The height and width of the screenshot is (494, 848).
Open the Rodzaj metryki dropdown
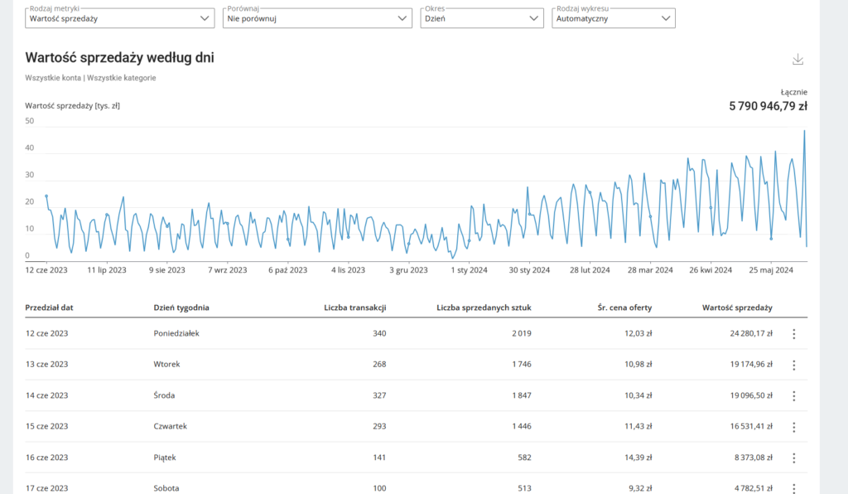(119, 17)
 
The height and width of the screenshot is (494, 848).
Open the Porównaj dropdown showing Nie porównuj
(317, 17)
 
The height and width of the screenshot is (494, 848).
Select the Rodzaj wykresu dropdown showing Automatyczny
(613, 17)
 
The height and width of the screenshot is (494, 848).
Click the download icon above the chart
(797, 60)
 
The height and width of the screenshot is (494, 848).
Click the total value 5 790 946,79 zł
(768, 106)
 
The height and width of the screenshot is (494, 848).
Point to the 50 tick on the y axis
(30, 121)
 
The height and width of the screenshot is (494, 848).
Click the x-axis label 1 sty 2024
(470, 269)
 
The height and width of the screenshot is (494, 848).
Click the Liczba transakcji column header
(354, 308)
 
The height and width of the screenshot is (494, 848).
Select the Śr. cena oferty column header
(624, 308)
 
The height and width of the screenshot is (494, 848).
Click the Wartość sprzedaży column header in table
(737, 308)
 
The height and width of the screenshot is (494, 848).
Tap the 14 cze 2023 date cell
(46, 395)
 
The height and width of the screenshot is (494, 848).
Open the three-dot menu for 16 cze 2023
(793, 458)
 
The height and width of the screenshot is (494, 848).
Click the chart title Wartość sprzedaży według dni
(120, 57)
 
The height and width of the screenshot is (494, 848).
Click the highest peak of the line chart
(804, 131)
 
